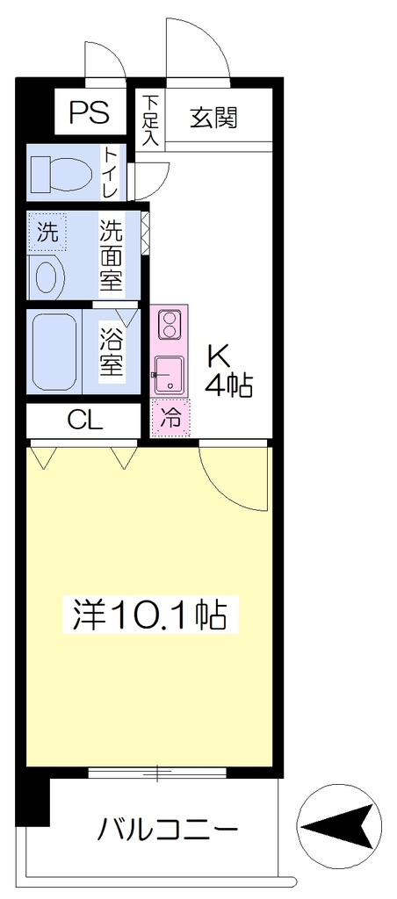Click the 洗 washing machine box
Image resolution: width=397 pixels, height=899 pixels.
[x=47, y=231]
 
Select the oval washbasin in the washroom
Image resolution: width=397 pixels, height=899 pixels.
[x=50, y=277]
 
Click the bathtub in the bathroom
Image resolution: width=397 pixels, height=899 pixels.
[x=54, y=351]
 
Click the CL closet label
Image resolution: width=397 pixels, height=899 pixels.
[x=85, y=421]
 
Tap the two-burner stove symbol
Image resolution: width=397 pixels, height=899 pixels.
[x=170, y=325]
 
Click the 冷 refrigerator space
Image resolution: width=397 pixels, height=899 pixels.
[x=170, y=417]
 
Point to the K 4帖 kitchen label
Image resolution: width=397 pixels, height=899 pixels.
[x=229, y=372]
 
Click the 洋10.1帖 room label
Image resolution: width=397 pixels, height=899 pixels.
[x=149, y=615]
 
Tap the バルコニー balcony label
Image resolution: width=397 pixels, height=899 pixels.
[x=167, y=829]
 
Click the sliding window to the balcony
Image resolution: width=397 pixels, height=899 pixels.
[x=158, y=773]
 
